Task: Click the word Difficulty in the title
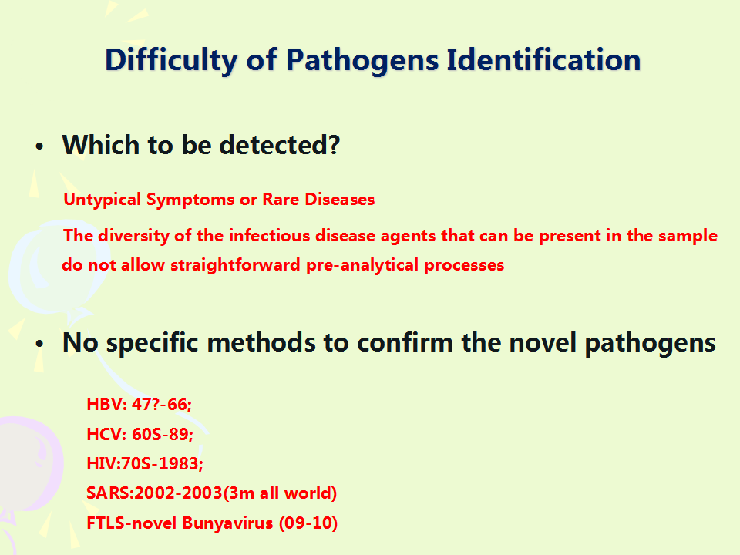(x=171, y=60)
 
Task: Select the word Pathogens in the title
(x=362, y=60)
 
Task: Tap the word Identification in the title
(x=543, y=59)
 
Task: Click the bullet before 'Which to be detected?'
(x=39, y=146)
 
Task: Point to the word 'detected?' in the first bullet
(x=279, y=145)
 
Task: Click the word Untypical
(x=103, y=200)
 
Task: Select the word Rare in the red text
(x=281, y=199)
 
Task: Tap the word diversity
(x=133, y=236)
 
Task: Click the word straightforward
(x=235, y=264)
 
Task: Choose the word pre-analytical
(x=362, y=265)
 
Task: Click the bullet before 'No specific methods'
(x=39, y=344)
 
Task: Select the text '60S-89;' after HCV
(x=163, y=434)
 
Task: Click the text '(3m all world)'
(x=280, y=493)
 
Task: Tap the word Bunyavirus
(x=227, y=523)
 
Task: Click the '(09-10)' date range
(x=308, y=523)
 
